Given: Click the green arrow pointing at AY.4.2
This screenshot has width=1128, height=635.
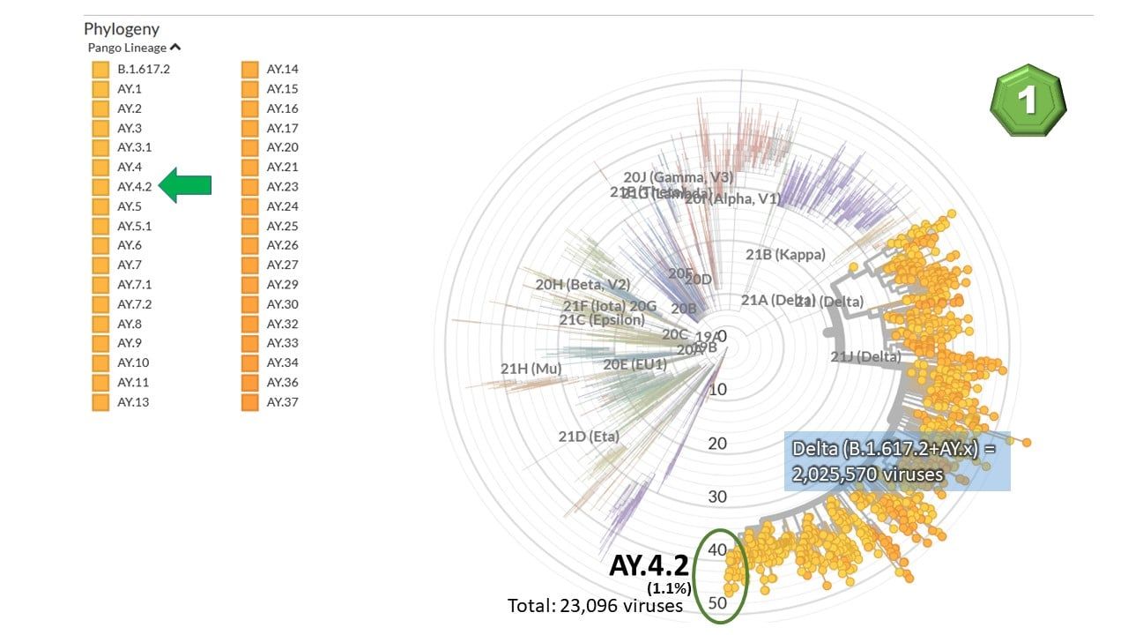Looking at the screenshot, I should tap(186, 185).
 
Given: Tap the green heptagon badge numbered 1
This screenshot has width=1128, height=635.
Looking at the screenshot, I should tap(1027, 100).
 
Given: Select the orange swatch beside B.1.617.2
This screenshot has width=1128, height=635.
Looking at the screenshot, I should tap(100, 69).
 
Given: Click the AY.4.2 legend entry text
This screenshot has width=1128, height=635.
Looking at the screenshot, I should tap(135, 186).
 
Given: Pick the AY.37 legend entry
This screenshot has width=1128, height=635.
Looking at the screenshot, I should tap(283, 402).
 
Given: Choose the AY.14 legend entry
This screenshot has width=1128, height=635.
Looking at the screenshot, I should tap(283, 69).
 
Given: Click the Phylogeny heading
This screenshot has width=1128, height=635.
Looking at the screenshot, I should tap(122, 29).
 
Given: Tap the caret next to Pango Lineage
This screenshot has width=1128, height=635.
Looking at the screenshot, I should tap(175, 48).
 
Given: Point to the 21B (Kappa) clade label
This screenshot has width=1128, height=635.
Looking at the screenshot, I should tap(785, 255).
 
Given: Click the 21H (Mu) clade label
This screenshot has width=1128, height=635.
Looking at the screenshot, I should tap(531, 369).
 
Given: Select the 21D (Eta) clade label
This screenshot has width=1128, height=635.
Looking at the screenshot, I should tap(589, 437).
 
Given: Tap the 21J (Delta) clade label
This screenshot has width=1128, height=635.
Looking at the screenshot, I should tap(865, 356).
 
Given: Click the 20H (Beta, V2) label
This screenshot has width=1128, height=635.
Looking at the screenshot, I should tap(583, 284).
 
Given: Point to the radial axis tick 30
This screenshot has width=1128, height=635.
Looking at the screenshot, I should tap(717, 497).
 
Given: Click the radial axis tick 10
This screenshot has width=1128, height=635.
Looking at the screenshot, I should tap(717, 389).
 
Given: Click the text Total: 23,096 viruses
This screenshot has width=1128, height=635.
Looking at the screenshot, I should tap(595, 606).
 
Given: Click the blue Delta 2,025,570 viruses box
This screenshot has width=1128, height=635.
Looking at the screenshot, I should tap(897, 461).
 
